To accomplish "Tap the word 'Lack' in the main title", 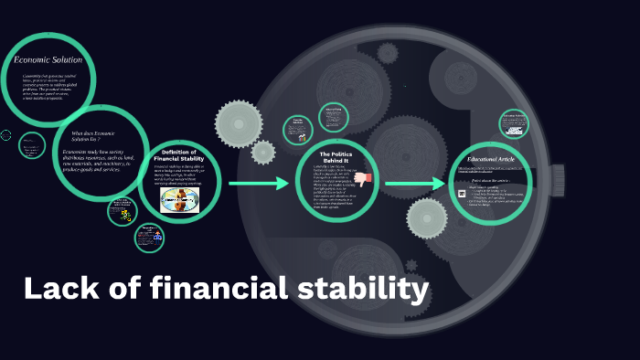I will (x=57, y=290).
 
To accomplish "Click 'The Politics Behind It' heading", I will (x=336, y=157).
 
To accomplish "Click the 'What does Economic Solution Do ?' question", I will (x=94, y=136).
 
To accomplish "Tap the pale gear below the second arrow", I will (x=426, y=218).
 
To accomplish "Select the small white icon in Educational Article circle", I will (x=463, y=192).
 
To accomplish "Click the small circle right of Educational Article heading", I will (x=514, y=123).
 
